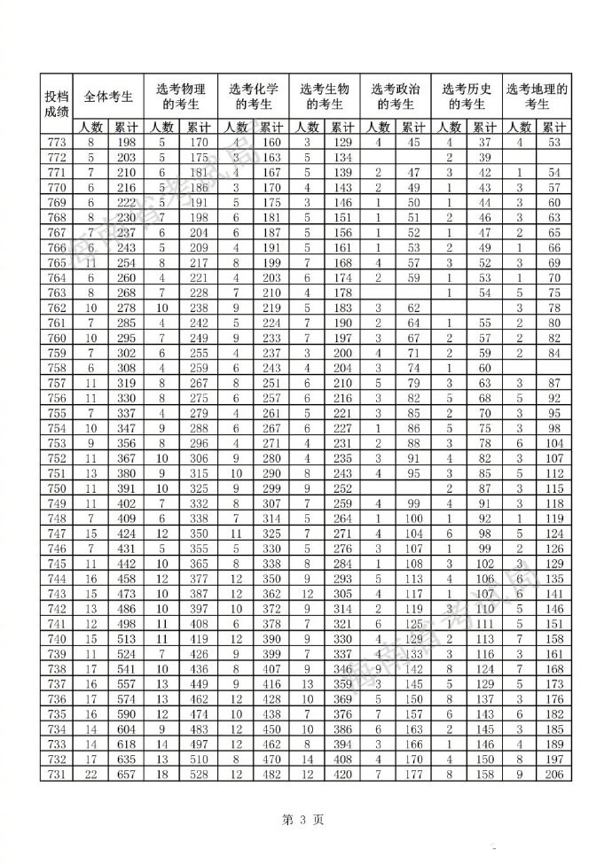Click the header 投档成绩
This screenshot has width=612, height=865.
click(56, 103)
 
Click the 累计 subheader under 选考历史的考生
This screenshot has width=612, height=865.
click(483, 127)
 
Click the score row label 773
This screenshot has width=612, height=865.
click(56, 142)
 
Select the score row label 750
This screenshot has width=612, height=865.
click(56, 489)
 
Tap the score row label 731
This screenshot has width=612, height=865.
click(56, 774)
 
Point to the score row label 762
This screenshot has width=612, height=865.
click(56, 308)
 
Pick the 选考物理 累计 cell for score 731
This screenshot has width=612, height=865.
click(198, 774)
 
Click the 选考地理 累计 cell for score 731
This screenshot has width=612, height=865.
click(554, 774)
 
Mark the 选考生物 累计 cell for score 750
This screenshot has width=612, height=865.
click(341, 489)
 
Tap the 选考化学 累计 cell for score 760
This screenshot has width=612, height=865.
click(271, 338)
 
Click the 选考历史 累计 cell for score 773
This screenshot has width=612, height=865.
click(483, 142)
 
